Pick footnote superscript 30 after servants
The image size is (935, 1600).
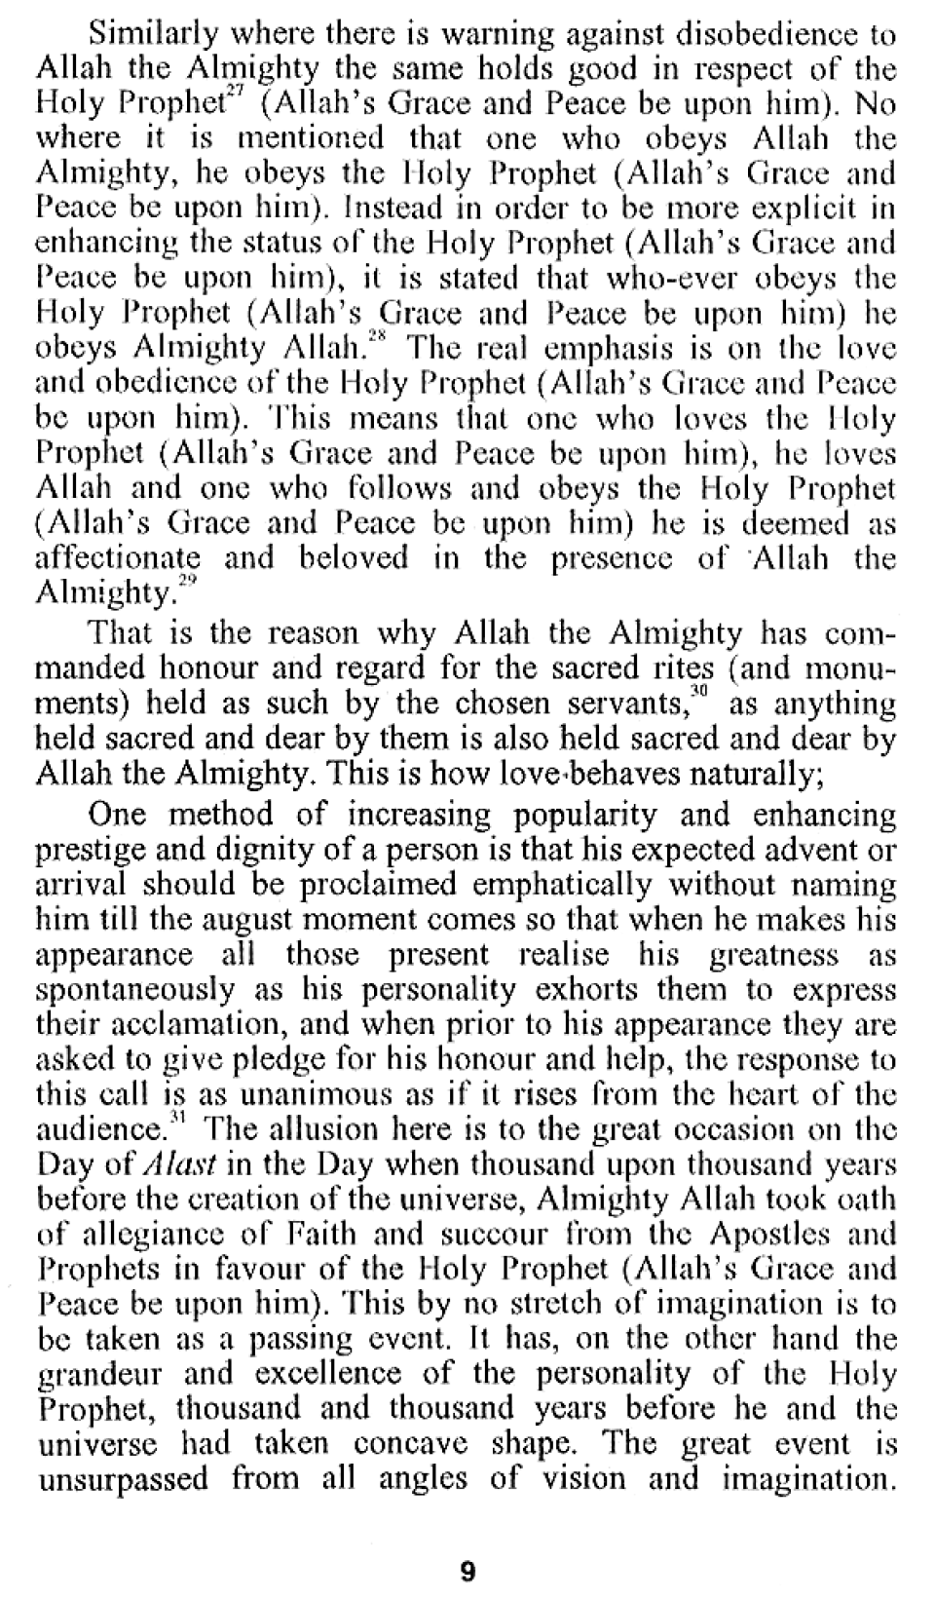coord(698,693)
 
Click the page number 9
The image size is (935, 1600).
coord(467,1571)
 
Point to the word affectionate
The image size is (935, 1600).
coord(118,559)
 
